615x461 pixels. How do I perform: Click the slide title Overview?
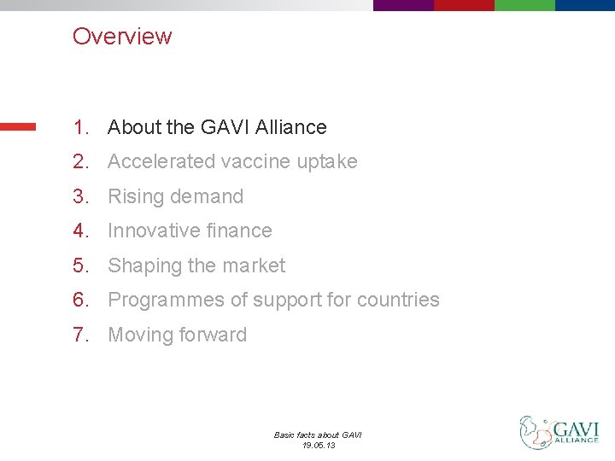(x=122, y=37)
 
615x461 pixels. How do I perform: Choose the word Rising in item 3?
(x=133, y=197)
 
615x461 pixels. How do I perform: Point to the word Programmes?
(x=162, y=301)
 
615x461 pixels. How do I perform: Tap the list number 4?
(x=80, y=231)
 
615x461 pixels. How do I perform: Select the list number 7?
(x=80, y=336)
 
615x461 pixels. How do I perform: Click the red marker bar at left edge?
(x=18, y=126)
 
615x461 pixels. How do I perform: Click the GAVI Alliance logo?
(x=559, y=433)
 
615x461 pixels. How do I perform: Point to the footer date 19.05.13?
(x=318, y=445)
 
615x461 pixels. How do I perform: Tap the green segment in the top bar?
(x=524, y=5)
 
